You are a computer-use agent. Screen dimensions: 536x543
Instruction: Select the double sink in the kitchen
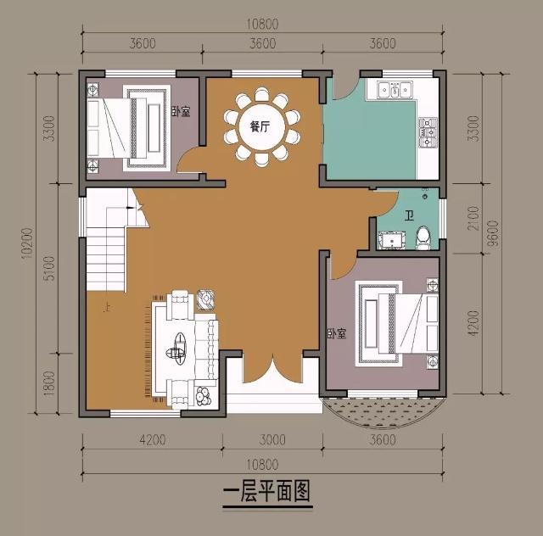click(395, 88)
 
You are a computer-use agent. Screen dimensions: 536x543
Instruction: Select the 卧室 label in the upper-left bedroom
click(180, 111)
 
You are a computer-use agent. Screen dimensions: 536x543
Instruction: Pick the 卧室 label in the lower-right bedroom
click(337, 333)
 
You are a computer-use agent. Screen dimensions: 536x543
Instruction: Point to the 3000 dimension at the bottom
click(271, 439)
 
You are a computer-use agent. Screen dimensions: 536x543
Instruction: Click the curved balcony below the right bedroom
click(384, 415)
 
